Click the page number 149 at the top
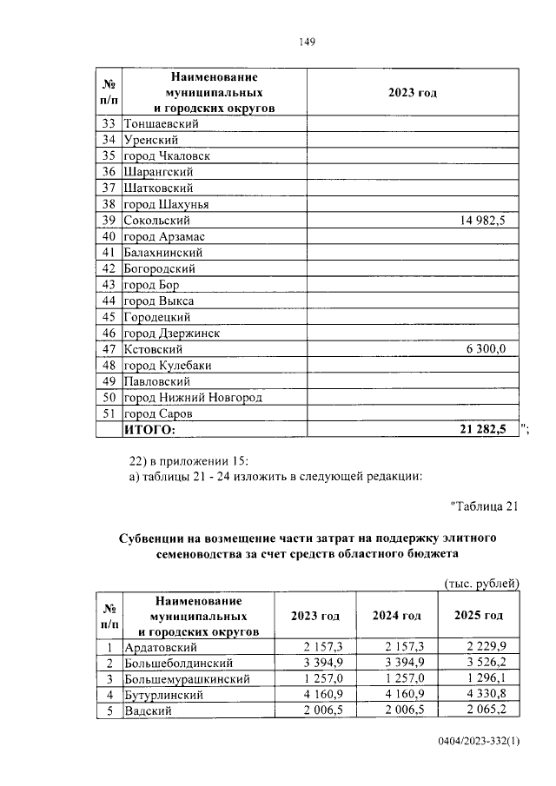point(306,42)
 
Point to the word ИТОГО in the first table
point(149,429)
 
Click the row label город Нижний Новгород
point(193,397)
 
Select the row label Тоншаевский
point(162,124)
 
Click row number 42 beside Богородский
point(109,269)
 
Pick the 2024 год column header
point(396,615)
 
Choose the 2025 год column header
point(479,615)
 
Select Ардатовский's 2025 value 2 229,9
point(486,647)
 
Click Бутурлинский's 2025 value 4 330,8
point(486,695)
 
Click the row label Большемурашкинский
point(188,679)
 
